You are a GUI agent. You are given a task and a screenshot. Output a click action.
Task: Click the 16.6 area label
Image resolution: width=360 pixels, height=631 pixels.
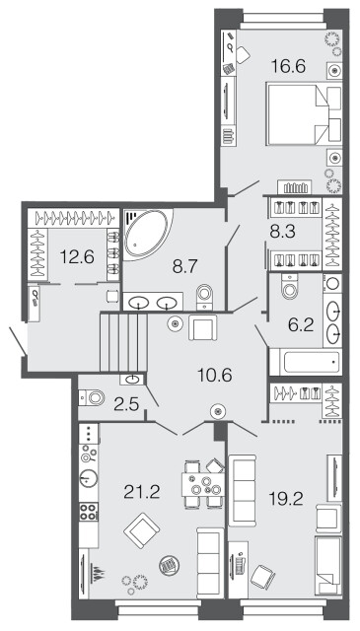288,66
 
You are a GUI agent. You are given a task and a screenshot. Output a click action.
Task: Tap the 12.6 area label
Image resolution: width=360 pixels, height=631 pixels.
77,256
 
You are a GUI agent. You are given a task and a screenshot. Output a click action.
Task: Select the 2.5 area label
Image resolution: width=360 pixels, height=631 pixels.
126,403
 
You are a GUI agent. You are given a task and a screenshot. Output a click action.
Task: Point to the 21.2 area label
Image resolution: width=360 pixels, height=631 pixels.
142,492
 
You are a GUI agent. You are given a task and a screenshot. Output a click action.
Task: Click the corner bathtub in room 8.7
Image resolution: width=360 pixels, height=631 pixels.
147,234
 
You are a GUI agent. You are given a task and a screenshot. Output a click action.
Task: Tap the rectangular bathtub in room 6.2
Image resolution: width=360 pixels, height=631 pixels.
306,362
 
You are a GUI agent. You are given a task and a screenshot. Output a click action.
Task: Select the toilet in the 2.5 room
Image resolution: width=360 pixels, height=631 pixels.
92,398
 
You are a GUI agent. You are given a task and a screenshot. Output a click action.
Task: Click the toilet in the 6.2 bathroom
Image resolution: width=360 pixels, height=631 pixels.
290,286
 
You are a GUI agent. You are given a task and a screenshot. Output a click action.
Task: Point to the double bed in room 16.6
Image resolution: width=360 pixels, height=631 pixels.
304,113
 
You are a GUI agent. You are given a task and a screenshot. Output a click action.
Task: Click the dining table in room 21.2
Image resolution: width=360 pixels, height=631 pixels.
203,484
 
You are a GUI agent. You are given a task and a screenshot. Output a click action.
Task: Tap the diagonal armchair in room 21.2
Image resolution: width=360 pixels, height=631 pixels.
142,530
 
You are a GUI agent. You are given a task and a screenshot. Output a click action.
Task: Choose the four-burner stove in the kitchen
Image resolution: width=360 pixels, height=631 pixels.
88,512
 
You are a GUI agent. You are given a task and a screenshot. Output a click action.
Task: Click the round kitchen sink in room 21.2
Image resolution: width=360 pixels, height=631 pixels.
89,478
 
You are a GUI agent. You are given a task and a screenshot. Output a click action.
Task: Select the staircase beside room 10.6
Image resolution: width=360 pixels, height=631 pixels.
123,342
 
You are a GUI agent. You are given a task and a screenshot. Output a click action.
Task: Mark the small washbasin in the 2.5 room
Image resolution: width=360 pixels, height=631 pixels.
132,379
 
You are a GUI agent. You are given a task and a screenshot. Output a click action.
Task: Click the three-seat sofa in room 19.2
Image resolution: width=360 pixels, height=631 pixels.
242,490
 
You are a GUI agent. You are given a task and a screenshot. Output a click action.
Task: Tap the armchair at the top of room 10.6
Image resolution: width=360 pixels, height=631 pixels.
203,327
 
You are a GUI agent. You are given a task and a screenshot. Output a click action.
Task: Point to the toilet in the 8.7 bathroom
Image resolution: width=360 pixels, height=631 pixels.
205,297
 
